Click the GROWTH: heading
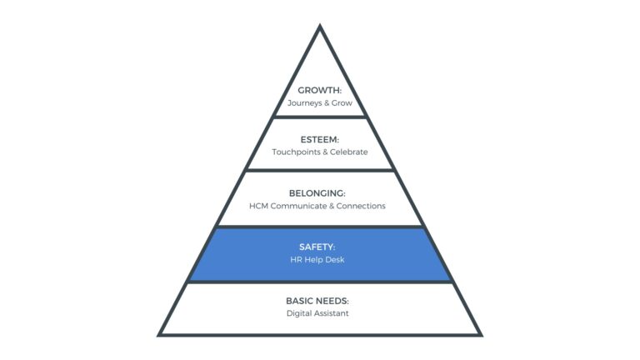(x=320, y=90)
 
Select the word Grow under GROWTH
(x=342, y=103)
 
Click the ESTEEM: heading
(x=320, y=139)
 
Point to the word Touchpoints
(x=295, y=152)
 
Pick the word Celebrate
(x=349, y=152)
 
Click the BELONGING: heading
(x=320, y=192)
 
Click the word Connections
(x=361, y=206)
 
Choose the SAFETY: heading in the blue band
(x=320, y=246)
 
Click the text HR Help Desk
(x=320, y=259)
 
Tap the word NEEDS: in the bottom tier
(x=335, y=300)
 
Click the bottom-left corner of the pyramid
(x=160, y=334)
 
